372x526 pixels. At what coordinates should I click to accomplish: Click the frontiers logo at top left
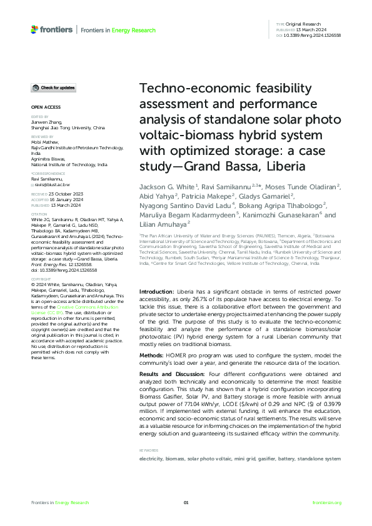[51, 29]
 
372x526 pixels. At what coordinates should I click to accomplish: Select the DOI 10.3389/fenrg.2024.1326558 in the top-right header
[313, 36]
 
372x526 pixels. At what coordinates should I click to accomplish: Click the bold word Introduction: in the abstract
[156, 292]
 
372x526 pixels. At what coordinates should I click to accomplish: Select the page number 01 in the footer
[186, 503]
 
